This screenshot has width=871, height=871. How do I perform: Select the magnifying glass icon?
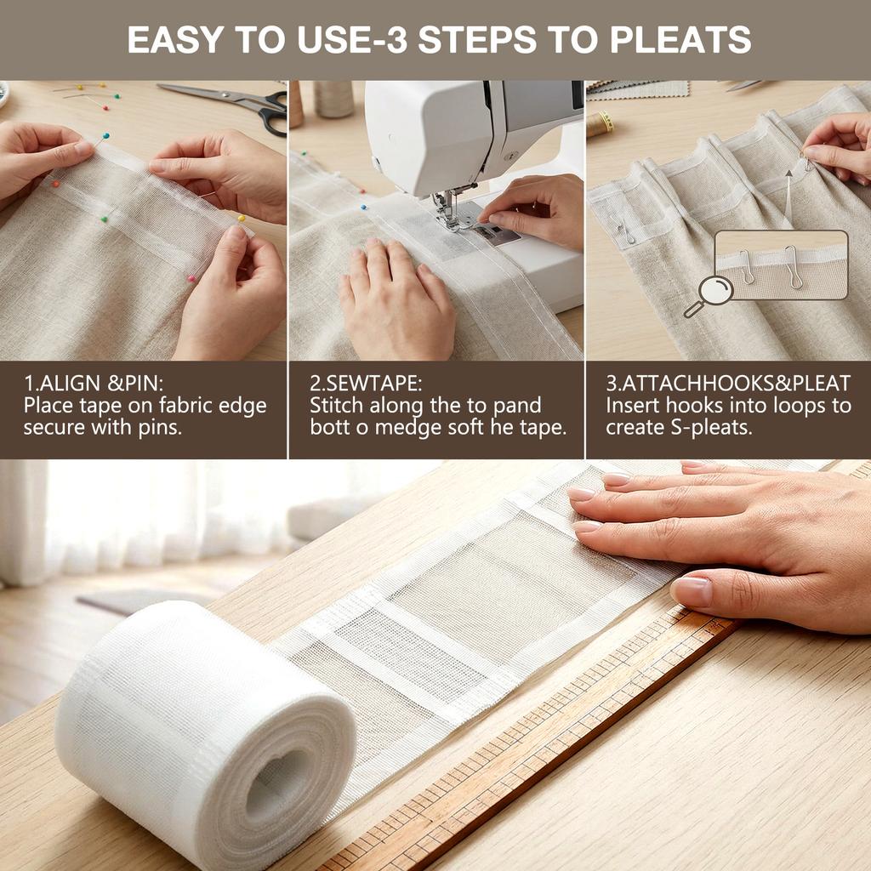click(709, 294)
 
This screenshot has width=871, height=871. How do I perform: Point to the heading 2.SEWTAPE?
click(366, 383)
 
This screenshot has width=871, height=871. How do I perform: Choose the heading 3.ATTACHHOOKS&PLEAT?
click(727, 383)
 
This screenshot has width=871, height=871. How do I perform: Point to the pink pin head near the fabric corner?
click(192, 278)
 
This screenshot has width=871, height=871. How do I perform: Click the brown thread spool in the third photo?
click(600, 124)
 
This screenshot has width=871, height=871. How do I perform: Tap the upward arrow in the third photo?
click(788, 175)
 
